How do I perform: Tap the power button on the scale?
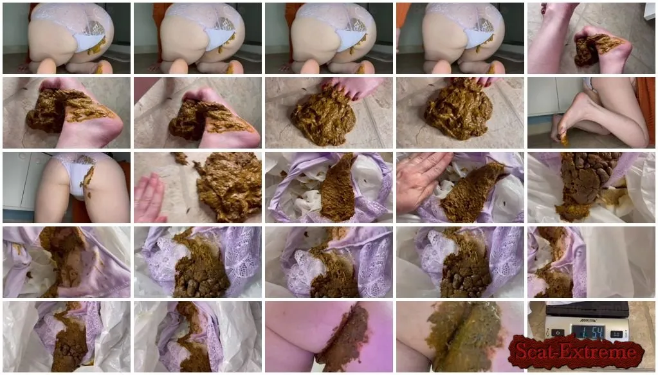point(558,333)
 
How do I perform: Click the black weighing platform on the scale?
point(587,309)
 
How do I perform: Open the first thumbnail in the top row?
point(67,39)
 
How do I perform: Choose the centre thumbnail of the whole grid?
point(329,187)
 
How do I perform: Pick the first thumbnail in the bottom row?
point(67,336)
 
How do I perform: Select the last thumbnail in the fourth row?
point(591,262)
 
